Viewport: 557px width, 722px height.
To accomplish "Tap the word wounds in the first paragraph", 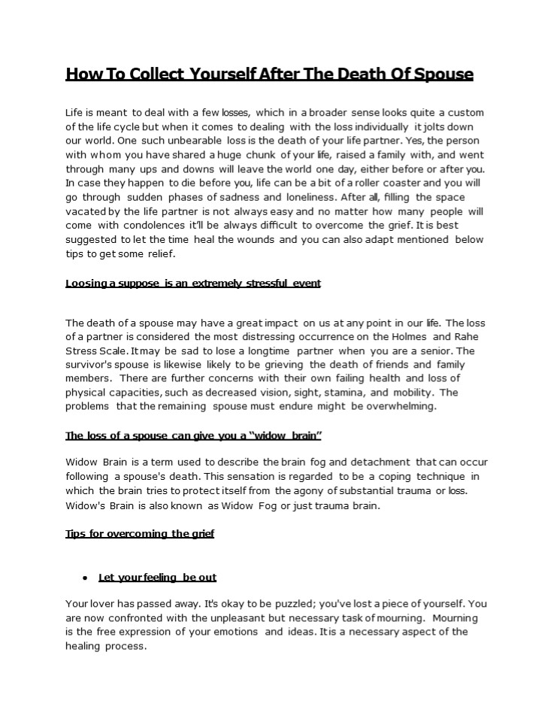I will pos(300,239).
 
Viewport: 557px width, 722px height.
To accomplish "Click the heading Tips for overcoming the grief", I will pos(140,533).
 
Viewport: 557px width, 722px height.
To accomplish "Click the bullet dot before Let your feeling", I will pos(86,578).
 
